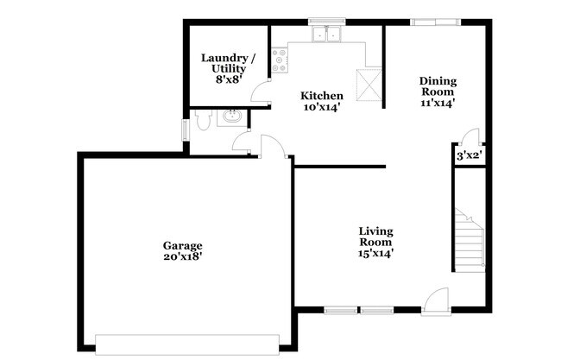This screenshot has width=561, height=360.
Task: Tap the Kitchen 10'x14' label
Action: click(x=321, y=102)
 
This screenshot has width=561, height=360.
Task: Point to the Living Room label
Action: click(x=376, y=243)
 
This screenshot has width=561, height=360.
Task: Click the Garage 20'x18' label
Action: click(x=182, y=249)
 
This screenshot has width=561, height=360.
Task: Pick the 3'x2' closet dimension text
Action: click(x=469, y=156)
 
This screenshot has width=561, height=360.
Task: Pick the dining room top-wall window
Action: click(x=428, y=22)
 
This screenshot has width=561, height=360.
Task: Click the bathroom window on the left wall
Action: click(x=185, y=130)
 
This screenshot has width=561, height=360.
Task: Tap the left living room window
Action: click(x=341, y=309)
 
